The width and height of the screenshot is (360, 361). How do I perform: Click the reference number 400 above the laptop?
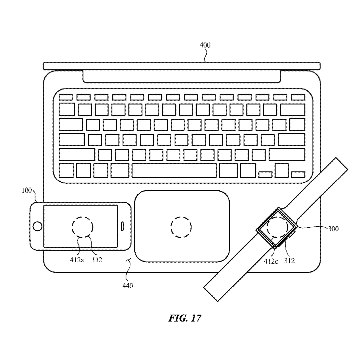pyautogui.click(x=205, y=45)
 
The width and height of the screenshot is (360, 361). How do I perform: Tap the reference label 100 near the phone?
pyautogui.click(x=27, y=190)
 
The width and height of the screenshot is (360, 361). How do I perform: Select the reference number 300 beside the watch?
pyautogui.click(x=333, y=228)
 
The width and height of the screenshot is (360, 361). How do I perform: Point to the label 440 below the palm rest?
pyautogui.click(x=128, y=285)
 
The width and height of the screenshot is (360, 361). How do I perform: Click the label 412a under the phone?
pyautogui.click(x=77, y=260)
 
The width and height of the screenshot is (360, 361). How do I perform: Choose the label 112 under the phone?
pyautogui.click(x=97, y=260)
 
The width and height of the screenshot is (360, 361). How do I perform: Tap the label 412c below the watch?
pyautogui.click(x=271, y=261)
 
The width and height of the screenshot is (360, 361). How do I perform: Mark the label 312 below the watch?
pyautogui.click(x=289, y=261)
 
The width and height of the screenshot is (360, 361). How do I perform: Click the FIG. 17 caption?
pyautogui.click(x=185, y=318)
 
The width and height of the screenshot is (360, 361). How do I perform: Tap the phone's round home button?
pyautogui.click(x=37, y=226)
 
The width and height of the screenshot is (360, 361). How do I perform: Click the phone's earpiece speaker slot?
pyautogui.click(x=122, y=226)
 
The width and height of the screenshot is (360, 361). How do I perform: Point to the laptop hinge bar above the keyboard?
pyautogui.click(x=182, y=77)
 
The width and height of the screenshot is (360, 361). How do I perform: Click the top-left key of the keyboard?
pyautogui.click(x=66, y=97)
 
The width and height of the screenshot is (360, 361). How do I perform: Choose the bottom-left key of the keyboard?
pyautogui.click(x=66, y=171)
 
